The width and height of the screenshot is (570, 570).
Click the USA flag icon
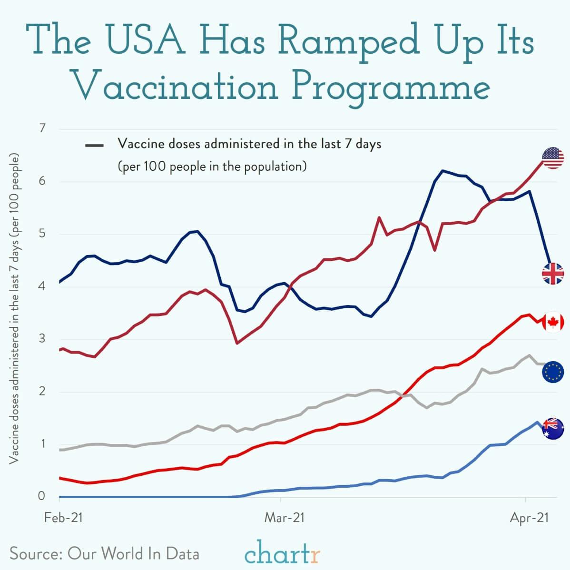[x=553, y=158]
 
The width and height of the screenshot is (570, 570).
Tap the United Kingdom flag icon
[x=553, y=274]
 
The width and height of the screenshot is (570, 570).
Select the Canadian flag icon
[x=553, y=323]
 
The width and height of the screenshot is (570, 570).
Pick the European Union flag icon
[x=553, y=372]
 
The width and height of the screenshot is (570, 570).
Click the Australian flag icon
[x=553, y=429]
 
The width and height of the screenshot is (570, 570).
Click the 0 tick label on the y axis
[x=42, y=496]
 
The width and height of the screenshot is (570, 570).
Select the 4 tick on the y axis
[x=42, y=286]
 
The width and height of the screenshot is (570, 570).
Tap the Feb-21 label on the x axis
[x=63, y=518]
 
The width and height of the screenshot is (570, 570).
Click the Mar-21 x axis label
[x=284, y=518]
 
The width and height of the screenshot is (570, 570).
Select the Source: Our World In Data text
[x=104, y=554]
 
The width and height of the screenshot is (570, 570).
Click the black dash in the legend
[x=95, y=145]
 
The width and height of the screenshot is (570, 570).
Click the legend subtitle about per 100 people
[x=212, y=167]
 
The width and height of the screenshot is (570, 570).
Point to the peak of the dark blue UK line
[x=442, y=170]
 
